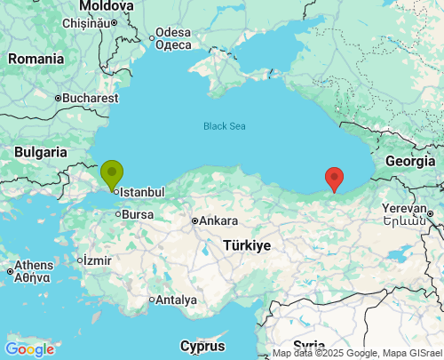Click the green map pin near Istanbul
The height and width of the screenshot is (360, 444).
point(112,173)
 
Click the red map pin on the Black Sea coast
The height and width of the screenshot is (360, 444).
point(334,178)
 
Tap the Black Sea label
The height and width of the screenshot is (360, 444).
point(224,126)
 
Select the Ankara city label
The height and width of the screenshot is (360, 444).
point(218,220)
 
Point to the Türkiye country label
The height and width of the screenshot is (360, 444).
point(247,244)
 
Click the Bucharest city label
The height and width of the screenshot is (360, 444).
point(91,98)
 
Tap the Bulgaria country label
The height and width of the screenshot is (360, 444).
point(41,152)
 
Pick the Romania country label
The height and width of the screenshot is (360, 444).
point(36,59)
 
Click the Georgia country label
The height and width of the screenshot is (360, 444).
point(410,161)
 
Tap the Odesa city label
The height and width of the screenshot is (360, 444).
point(172,34)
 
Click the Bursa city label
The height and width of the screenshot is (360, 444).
point(138,214)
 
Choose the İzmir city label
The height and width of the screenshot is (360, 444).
point(95,260)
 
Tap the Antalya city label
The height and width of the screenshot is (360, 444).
point(176,300)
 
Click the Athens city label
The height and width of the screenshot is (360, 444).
point(34,265)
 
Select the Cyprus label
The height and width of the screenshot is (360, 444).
point(202,345)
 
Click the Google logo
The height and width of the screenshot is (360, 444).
point(28,349)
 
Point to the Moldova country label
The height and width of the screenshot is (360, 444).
point(106,6)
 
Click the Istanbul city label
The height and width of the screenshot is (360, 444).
point(141,191)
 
